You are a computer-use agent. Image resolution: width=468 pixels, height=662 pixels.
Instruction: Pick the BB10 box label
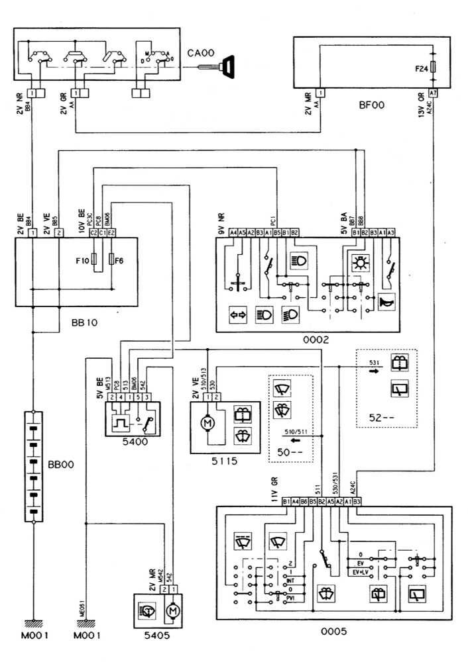(84, 324)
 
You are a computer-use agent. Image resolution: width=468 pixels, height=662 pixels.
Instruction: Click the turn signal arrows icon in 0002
(237, 314)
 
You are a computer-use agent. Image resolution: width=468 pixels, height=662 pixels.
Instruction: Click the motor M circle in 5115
(205, 422)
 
